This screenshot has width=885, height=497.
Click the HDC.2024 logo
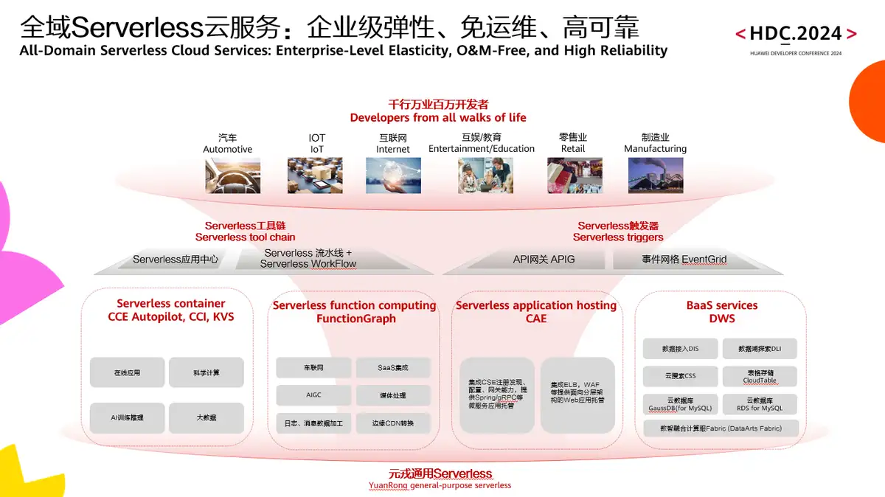pos(796,34)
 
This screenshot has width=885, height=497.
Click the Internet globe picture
pos(393,175)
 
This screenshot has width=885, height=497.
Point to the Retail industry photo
pos(574,175)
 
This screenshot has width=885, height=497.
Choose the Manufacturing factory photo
pos(655,175)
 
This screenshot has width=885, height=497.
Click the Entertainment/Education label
pos(482,148)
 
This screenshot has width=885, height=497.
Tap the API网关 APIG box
pos(544,260)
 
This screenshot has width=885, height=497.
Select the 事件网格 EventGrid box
pos(684,260)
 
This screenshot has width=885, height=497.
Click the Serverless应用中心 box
pos(176,260)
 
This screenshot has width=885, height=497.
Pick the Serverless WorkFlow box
pos(308,259)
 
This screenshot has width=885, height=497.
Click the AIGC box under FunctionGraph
pos(313,395)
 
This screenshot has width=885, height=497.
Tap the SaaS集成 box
pos(393,368)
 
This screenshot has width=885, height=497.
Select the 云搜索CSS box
pos(680,376)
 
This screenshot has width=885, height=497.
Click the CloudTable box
pos(760,376)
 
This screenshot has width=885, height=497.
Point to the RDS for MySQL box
pos(760,404)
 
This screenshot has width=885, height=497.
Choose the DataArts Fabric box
pos(721,428)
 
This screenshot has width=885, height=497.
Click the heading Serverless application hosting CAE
pos(536,312)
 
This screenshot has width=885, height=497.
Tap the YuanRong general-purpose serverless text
pos(440,485)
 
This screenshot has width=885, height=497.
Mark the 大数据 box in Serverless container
pos(206,418)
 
